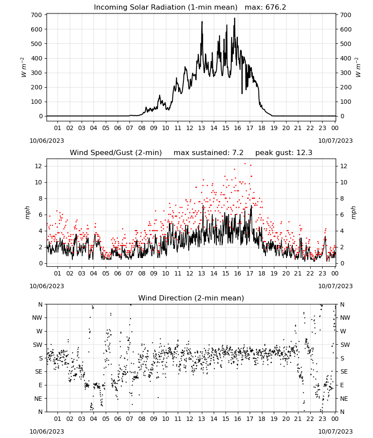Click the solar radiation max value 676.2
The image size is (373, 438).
[276, 7]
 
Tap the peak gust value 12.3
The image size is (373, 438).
[303, 152]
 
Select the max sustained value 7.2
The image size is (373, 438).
[238, 152]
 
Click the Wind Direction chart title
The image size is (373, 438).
[191, 298]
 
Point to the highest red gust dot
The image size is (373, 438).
[245, 164]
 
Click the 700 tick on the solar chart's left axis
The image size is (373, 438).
[37, 15]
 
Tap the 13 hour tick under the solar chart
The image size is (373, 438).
[201, 128]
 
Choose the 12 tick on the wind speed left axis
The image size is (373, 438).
[39, 166]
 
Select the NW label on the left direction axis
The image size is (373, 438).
[37, 318]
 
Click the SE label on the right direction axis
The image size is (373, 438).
[344, 371]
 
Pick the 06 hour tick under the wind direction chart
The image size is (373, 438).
[118, 419]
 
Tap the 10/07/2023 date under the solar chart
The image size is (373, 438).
[335, 141]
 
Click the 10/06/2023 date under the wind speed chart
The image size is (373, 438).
[47, 286]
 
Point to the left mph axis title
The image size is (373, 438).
[27, 212]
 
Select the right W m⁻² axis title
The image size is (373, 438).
[358, 67]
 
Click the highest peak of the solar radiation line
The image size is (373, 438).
[234, 18]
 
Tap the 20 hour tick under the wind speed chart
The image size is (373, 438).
[286, 273]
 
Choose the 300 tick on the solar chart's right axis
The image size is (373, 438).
[346, 73]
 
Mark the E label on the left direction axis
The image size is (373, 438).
[40, 385]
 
